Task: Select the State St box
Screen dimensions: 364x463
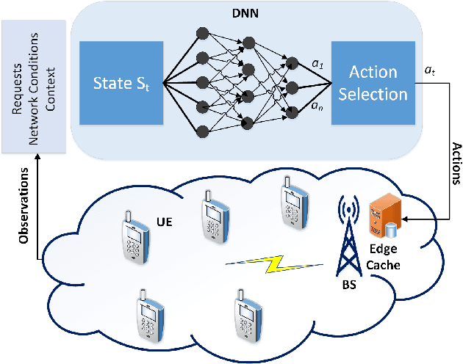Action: (x=120, y=84)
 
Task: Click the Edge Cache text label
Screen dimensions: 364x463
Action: (x=385, y=258)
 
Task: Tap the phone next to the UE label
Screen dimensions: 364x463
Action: (x=132, y=236)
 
